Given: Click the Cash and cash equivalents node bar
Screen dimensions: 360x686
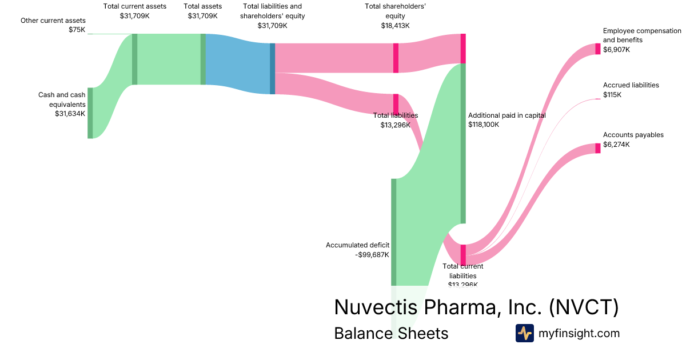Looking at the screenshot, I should (x=90, y=113).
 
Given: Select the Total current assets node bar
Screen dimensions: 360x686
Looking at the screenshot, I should (x=134, y=59).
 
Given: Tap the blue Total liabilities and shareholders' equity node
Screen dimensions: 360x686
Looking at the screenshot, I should (x=273, y=69).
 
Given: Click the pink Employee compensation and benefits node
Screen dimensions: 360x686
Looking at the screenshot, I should (x=598, y=49).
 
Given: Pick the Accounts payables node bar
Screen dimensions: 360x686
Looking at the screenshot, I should (x=598, y=147).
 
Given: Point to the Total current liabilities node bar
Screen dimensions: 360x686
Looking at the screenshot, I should (x=463, y=255).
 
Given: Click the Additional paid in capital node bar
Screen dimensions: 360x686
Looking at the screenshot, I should (x=463, y=143).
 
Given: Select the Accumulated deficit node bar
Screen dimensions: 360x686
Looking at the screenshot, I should (x=393, y=231).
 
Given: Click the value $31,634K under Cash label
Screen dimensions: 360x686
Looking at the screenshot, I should (x=70, y=114).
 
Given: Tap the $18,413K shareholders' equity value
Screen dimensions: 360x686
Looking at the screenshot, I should (x=395, y=26).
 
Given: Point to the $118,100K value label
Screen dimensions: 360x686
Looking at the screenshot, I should (x=484, y=125).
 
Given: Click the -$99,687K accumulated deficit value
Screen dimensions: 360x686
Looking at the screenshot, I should (x=372, y=255).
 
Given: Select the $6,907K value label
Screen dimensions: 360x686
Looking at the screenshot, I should (x=616, y=50).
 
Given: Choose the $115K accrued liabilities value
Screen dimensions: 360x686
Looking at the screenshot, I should (x=612, y=95).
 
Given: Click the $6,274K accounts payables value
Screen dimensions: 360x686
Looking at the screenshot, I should (x=616, y=145).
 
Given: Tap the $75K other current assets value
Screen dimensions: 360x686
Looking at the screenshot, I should (x=77, y=30).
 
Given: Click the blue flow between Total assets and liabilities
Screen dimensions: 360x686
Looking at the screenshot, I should (x=237, y=63).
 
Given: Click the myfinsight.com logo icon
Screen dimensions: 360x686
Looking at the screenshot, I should (x=524, y=333).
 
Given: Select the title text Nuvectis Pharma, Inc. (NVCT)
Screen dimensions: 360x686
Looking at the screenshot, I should (x=476, y=307).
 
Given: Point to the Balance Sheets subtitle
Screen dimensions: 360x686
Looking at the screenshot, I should (x=391, y=333).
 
